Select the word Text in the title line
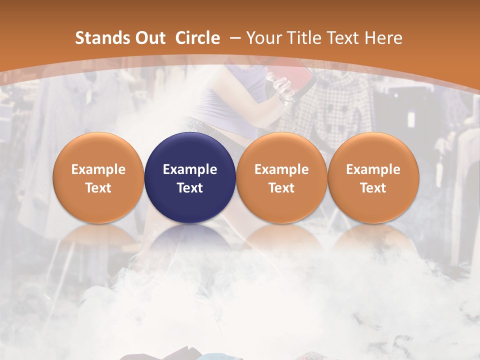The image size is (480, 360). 343,38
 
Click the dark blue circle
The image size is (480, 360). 190,178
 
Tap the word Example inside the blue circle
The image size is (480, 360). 190,169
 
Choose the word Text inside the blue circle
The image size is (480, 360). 190,188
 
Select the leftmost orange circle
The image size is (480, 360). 98,178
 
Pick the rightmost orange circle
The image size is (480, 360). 373,178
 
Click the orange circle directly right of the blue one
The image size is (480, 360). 281,178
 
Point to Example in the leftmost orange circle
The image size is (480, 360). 98,169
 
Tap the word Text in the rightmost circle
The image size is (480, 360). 373,188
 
